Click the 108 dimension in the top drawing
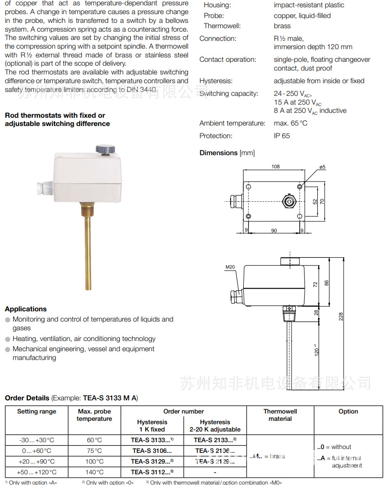[x=275, y=167]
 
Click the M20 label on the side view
[x=231, y=267]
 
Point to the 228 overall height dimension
[x=341, y=316]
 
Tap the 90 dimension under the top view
[x=274, y=230]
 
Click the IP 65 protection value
[x=282, y=136]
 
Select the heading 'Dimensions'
[x=218, y=153]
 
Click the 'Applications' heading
[x=26, y=309]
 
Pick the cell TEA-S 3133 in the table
[x=152, y=440]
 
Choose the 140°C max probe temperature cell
[x=94, y=472]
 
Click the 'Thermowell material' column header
[x=280, y=415]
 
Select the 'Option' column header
[x=348, y=412]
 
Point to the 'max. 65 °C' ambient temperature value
[x=291, y=123]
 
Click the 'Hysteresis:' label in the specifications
[x=216, y=81]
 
